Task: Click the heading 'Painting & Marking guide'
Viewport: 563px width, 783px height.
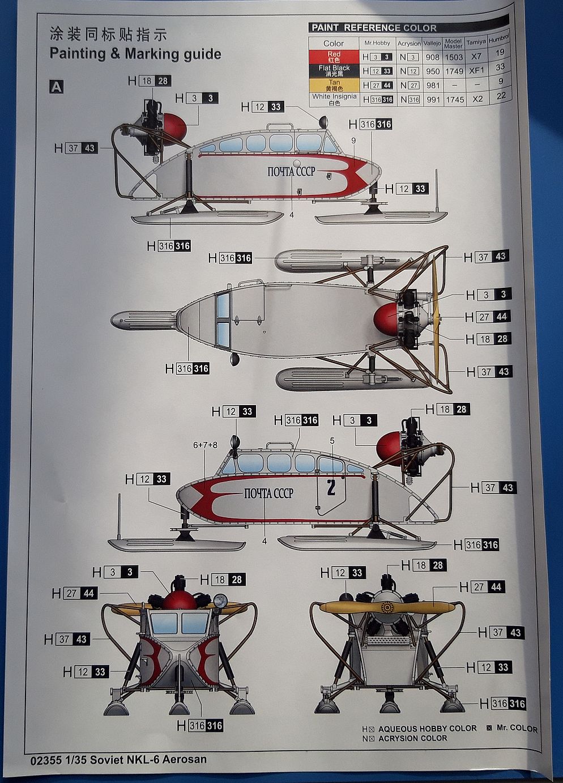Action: pos(135,54)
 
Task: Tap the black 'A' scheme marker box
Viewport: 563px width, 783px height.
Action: pos(56,87)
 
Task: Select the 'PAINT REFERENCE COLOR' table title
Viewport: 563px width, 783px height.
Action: pos(374,27)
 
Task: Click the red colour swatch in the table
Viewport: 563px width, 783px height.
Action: pos(334,57)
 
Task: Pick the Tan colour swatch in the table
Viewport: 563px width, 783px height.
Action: pos(334,85)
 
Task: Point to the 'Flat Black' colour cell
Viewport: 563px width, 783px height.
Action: pos(334,71)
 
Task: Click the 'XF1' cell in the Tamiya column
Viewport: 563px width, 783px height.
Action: pos(476,70)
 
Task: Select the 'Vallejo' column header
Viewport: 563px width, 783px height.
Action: pos(432,43)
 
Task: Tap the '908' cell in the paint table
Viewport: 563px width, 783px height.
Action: pos(433,57)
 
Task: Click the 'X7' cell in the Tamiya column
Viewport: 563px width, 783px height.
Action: pos(476,57)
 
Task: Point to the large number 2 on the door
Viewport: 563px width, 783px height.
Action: pos(331,487)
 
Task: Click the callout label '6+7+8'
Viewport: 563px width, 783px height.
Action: pos(205,445)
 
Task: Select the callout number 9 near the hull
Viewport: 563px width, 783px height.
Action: pos(353,140)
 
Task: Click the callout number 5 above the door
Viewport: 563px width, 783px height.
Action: pos(332,440)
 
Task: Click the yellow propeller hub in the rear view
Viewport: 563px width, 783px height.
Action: pos(388,608)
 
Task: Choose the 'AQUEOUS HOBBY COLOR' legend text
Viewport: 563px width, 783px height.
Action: pos(427,729)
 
